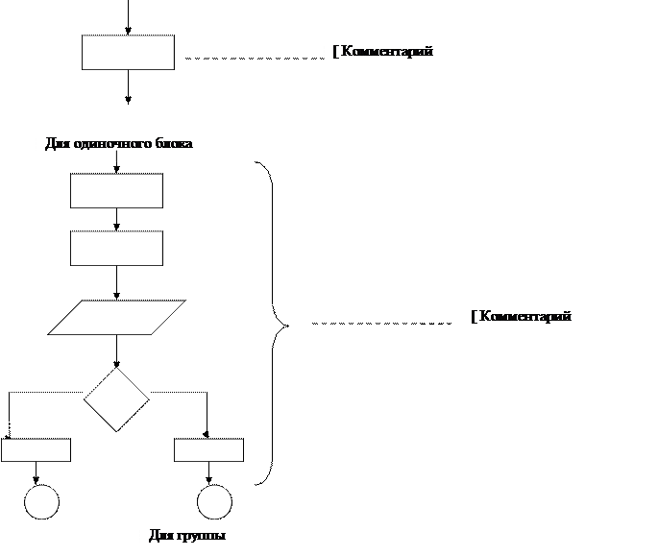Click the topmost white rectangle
128,53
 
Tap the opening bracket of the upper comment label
335,52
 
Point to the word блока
176,144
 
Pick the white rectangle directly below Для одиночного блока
116,191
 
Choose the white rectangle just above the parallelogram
116,249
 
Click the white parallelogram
116,318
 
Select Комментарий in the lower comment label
525,317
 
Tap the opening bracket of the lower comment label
474,317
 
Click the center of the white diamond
116,399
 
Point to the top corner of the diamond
116,369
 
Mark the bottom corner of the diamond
116,429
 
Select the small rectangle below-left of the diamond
36,450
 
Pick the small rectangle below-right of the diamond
208,450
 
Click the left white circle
41,502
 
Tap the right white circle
214,502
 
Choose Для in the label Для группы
160,536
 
